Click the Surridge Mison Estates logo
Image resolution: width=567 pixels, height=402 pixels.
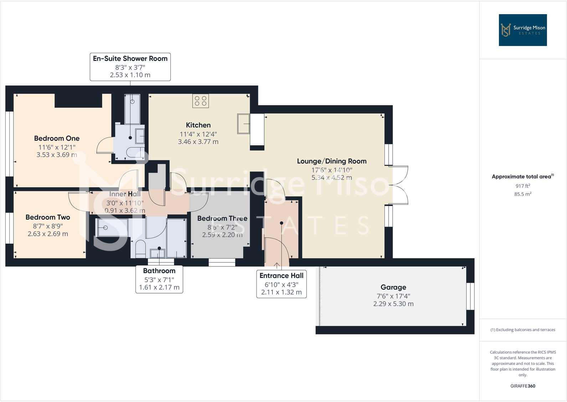[x=522, y=30]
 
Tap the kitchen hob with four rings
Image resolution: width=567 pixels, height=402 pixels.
[x=200, y=101]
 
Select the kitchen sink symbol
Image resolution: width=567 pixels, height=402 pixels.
[x=244, y=124]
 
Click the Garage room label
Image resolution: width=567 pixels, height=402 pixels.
[x=393, y=287]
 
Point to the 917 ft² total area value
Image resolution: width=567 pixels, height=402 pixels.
[x=522, y=186]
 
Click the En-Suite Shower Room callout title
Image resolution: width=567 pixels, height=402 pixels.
[x=130, y=58]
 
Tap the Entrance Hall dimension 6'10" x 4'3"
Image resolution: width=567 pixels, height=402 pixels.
[x=281, y=285]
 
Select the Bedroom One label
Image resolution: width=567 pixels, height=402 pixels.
[x=57, y=138]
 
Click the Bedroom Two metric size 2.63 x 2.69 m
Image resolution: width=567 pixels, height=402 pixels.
[x=48, y=234]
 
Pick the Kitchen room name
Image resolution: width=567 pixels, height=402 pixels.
[x=198, y=125]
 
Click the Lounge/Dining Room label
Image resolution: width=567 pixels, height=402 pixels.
[x=332, y=161]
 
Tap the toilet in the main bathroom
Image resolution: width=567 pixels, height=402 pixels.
[x=140, y=248]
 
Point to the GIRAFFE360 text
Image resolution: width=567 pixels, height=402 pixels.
[x=522, y=386]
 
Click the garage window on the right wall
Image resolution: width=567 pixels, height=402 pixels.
[x=470, y=296]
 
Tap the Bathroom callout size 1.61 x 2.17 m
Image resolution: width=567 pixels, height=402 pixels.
[x=159, y=287]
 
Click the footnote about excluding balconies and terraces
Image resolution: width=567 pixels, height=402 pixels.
[x=522, y=330]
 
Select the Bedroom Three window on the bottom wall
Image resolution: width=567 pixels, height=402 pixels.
[x=222, y=263]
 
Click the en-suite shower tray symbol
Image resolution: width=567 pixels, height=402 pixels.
[x=132, y=109]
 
